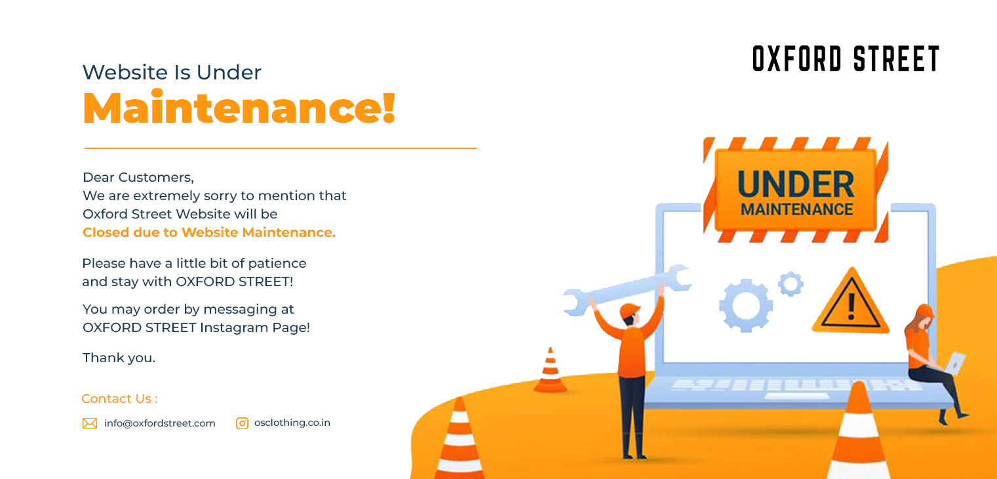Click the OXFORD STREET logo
click(846, 58)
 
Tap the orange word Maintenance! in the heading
click(239, 108)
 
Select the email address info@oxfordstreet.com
click(159, 423)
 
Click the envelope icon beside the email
click(90, 423)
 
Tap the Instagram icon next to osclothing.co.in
click(243, 423)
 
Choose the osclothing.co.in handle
click(292, 423)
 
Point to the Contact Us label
click(119, 399)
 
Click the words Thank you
click(119, 358)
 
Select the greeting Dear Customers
click(138, 177)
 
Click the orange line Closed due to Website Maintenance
click(208, 232)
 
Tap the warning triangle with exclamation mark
click(851, 302)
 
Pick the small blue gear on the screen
click(791, 283)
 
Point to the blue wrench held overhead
click(626, 287)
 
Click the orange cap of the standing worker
click(629, 309)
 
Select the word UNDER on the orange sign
click(796, 184)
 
